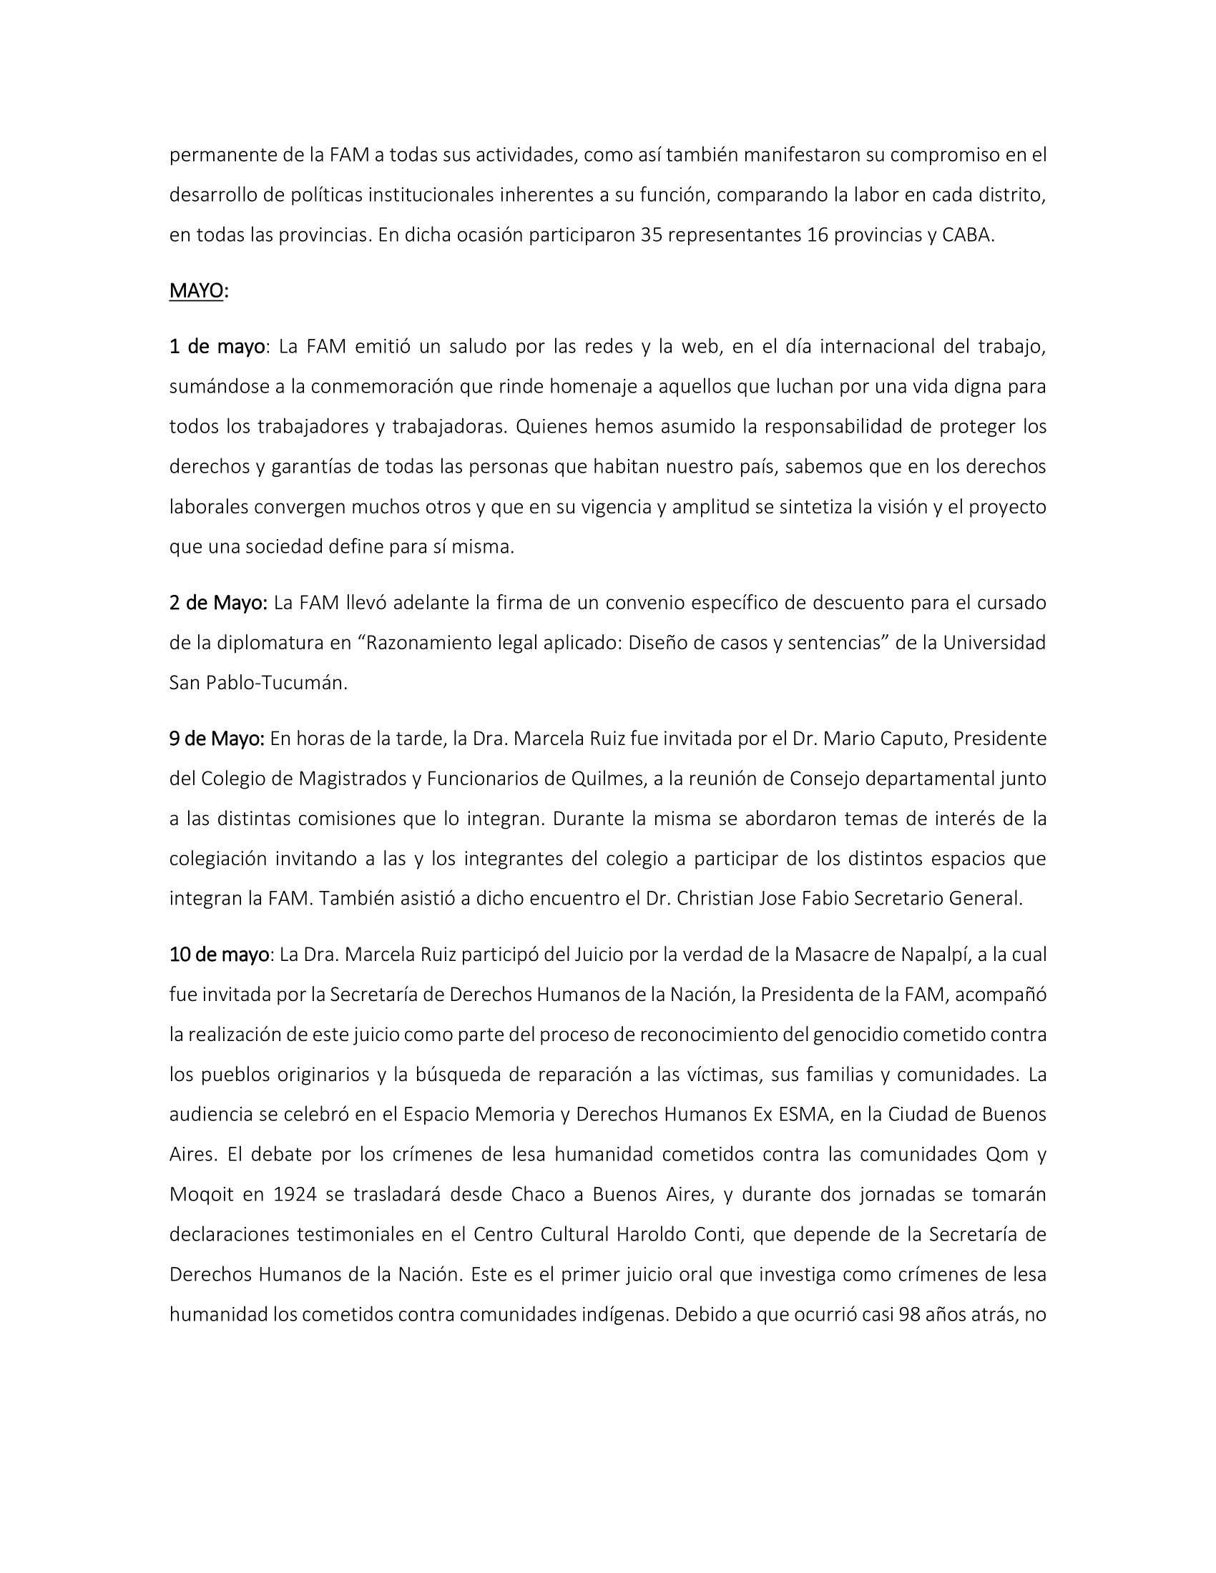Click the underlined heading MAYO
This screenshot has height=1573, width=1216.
196,290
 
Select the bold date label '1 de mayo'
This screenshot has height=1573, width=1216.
217,347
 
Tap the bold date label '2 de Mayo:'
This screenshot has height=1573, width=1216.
218,602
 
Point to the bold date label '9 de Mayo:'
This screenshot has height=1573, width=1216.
217,739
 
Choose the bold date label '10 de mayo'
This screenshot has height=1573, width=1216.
220,955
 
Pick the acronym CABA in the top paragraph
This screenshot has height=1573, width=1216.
967,235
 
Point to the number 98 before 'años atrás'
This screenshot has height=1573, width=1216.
911,1314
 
